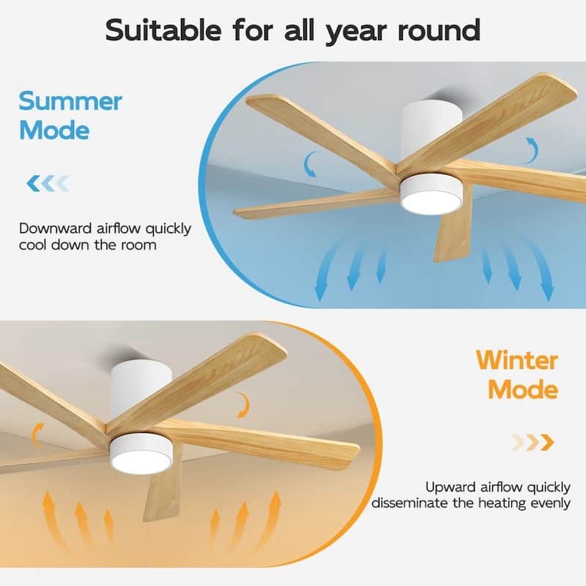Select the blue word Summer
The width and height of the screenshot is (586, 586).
[x=70, y=101]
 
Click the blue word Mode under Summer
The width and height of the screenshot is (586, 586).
[x=54, y=130]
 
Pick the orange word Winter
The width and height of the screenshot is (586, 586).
[x=516, y=360]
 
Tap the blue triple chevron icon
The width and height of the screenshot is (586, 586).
[x=47, y=182]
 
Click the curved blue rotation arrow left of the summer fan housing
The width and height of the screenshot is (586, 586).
[x=312, y=163]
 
